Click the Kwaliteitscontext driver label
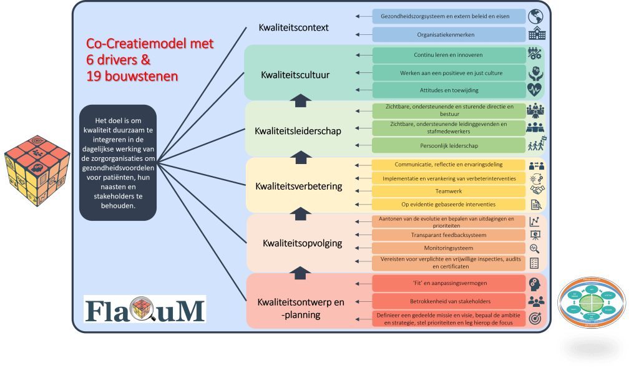(293, 28)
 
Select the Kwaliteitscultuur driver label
(295, 75)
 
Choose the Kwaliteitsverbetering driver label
(299, 186)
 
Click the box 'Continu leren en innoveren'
(448, 55)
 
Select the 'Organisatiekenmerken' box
(448, 34)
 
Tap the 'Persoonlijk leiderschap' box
(448, 145)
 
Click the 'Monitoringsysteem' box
(448, 248)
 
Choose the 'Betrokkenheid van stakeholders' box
(448, 301)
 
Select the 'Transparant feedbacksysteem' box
(448, 235)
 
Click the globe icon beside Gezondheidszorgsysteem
(535, 16)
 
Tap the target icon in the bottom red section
(535, 319)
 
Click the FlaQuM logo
(145, 309)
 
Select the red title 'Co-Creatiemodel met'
(150, 44)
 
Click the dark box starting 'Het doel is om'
(118, 162)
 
